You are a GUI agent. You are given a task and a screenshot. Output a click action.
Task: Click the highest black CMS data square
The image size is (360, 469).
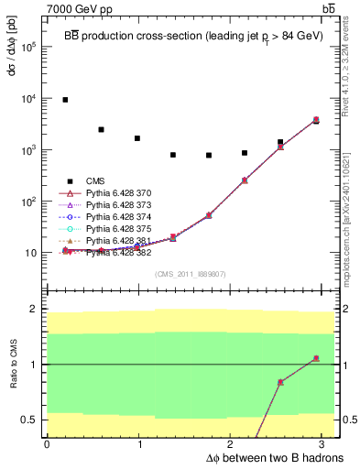(65, 100)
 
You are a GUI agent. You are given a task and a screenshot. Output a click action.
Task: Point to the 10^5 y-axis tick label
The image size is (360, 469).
(28, 47)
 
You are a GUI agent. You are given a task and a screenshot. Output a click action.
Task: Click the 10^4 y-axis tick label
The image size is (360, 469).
(28, 98)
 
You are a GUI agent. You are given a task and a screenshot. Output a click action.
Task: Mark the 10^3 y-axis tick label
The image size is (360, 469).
(28, 149)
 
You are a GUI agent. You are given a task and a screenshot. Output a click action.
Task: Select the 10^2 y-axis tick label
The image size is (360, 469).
(28, 201)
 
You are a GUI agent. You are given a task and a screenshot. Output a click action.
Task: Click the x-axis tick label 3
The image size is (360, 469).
(326, 445)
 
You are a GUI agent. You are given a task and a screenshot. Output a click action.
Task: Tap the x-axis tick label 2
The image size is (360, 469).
(233, 445)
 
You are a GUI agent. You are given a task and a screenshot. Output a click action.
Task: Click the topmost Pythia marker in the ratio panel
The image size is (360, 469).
(316, 358)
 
